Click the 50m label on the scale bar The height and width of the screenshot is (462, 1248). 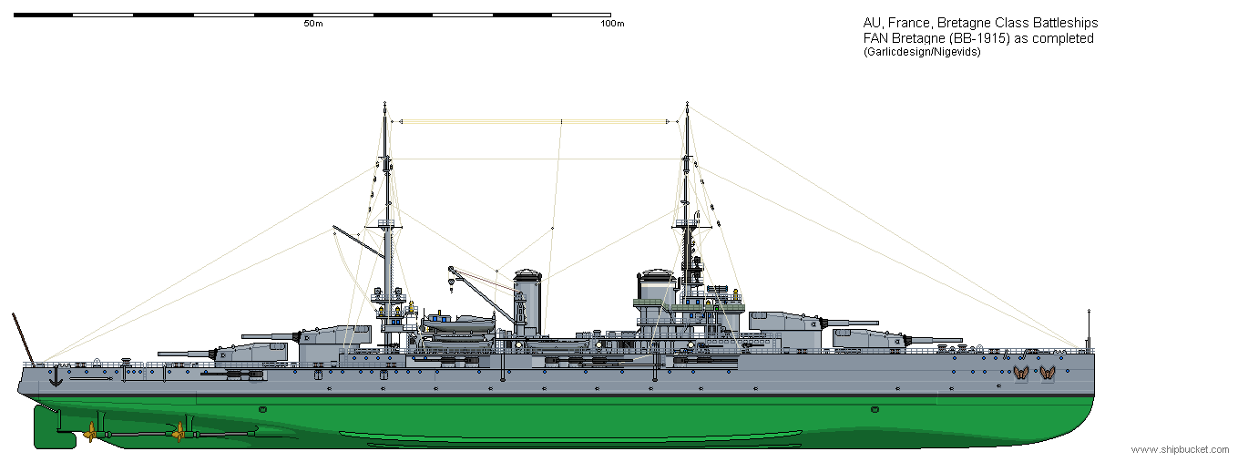click(x=313, y=24)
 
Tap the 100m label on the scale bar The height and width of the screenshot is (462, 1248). click(x=612, y=24)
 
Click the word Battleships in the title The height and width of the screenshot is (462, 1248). click(x=1065, y=23)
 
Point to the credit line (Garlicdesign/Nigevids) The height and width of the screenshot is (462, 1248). click(x=922, y=52)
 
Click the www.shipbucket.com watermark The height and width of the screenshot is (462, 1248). click(x=1180, y=449)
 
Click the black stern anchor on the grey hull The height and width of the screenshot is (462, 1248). click(x=56, y=378)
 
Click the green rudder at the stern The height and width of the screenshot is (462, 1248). click(x=54, y=427)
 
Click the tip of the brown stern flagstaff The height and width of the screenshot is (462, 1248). click(x=13, y=313)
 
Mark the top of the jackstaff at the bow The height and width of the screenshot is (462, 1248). click(x=1089, y=311)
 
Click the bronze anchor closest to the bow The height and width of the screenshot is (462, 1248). click(x=1048, y=374)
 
